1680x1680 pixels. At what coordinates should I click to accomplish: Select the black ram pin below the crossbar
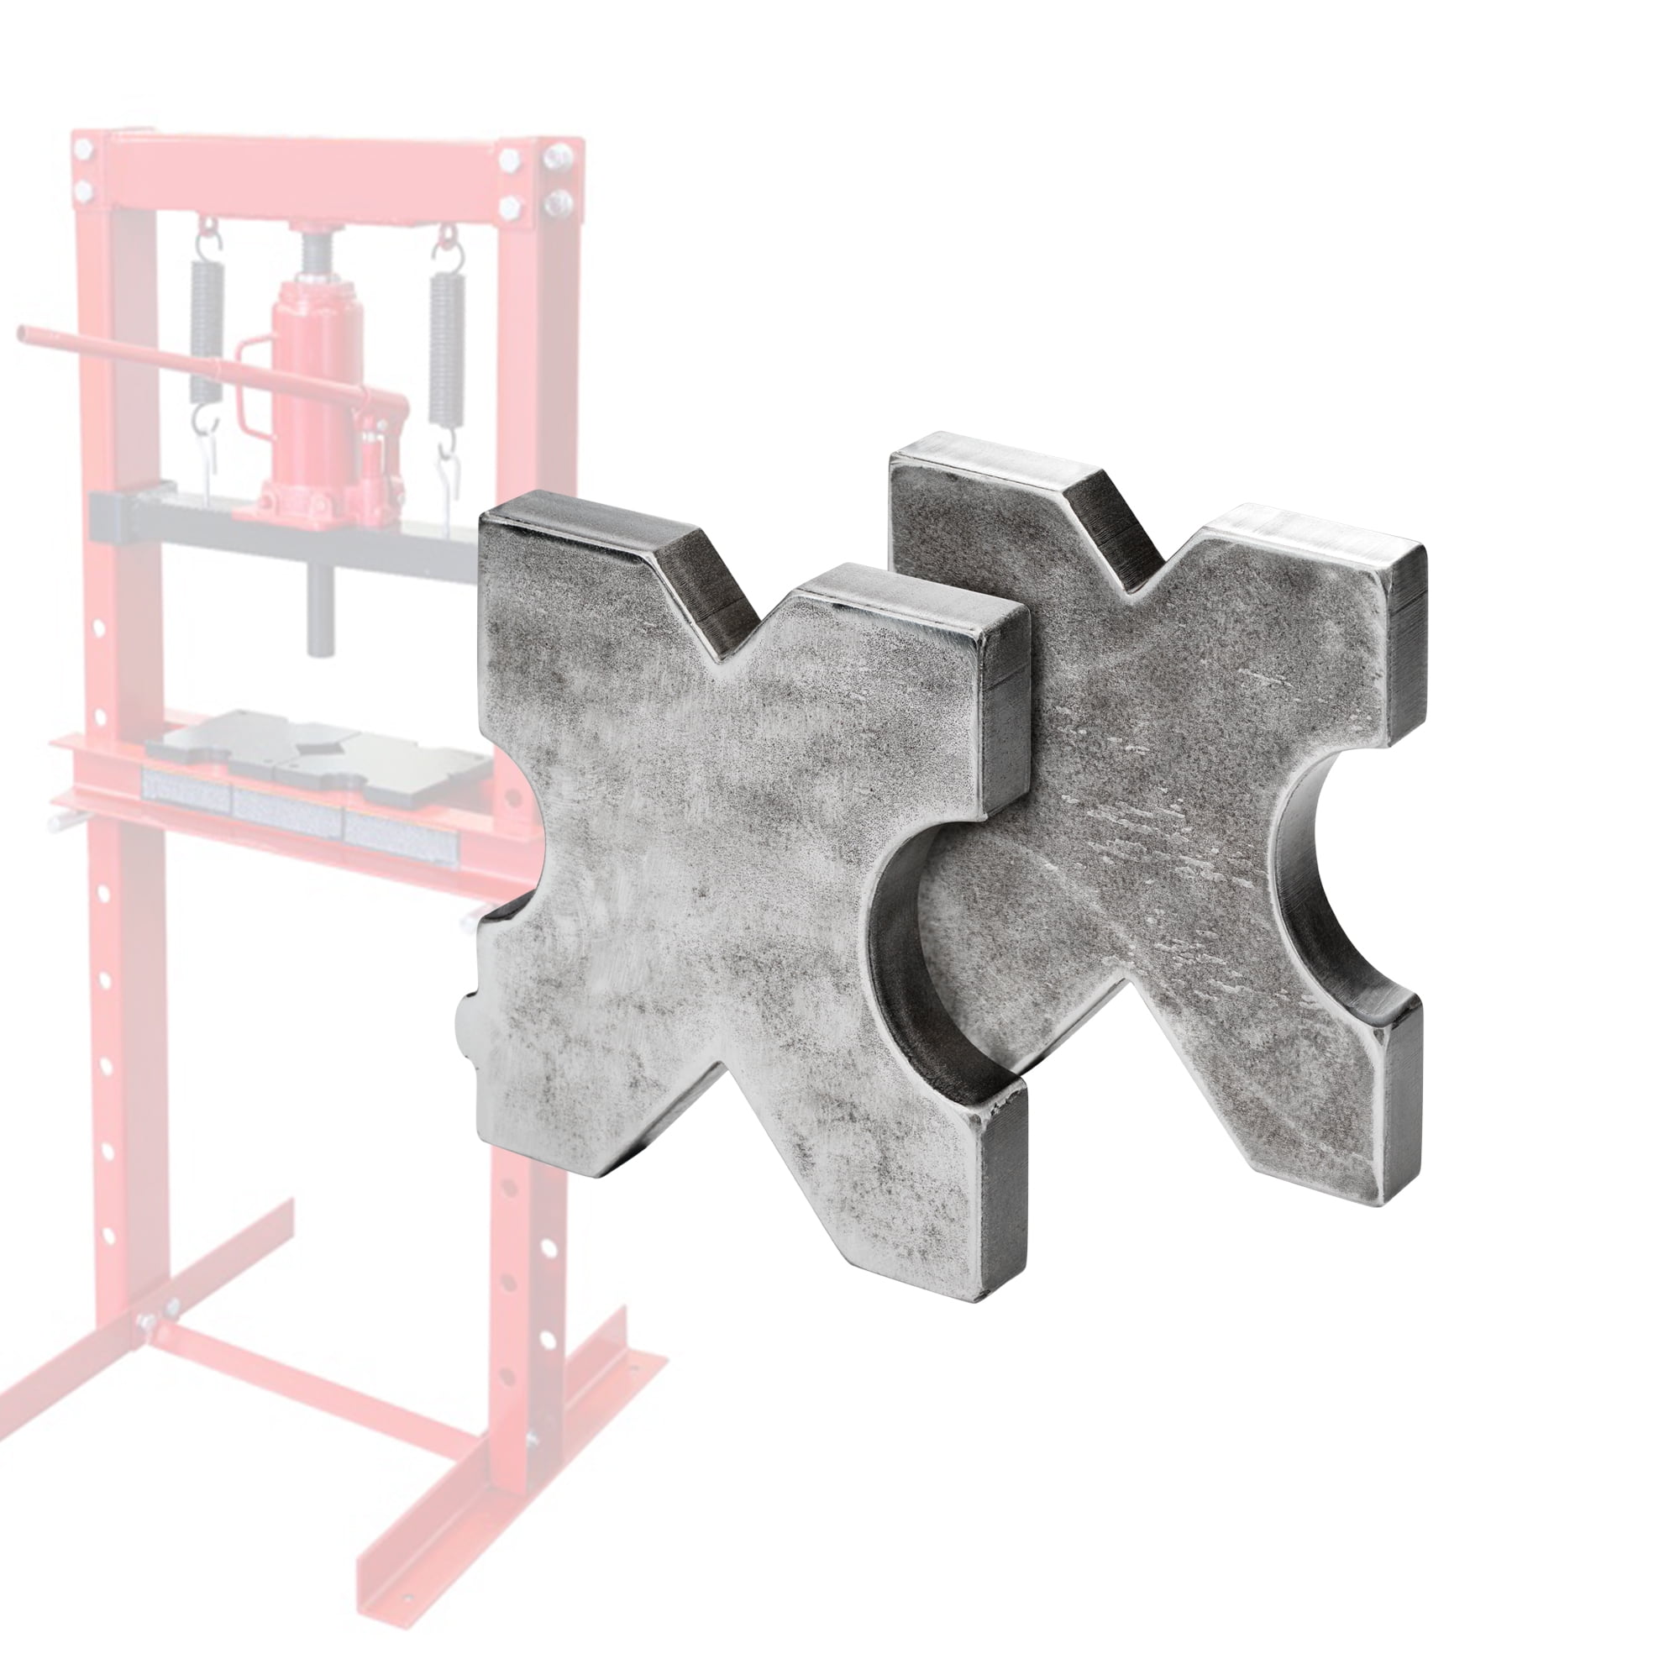(319, 609)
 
